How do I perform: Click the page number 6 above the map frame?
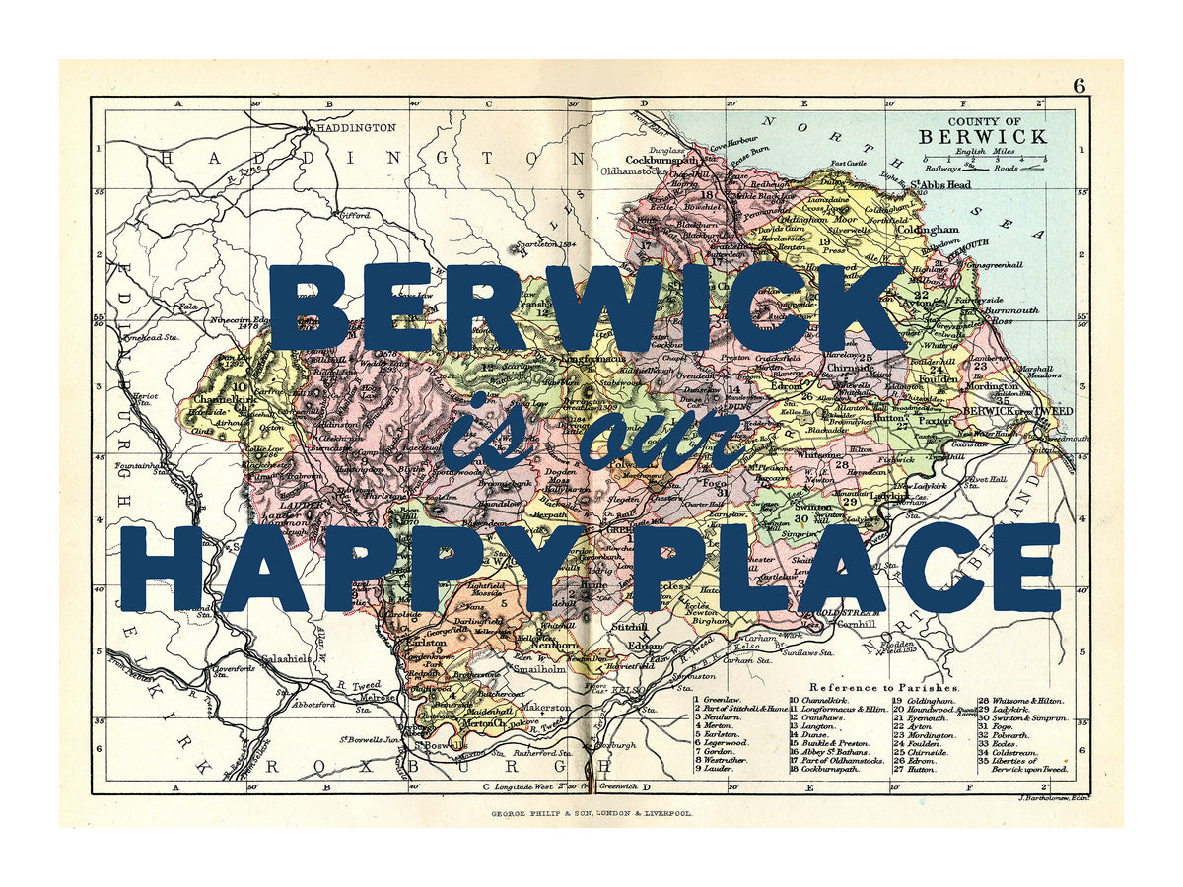(x=1079, y=87)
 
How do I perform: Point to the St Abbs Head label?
(x=939, y=185)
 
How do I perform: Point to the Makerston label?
(x=546, y=708)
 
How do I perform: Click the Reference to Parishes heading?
(x=882, y=686)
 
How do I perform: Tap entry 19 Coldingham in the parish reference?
(x=926, y=700)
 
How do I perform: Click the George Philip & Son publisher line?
(x=591, y=814)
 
